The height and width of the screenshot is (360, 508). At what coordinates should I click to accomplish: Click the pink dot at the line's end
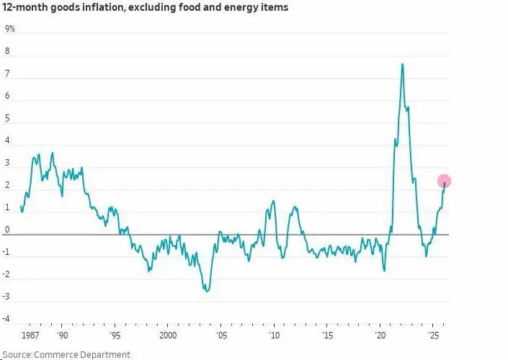[x=444, y=181]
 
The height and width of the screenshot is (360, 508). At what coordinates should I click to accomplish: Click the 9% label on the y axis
[x=10, y=30]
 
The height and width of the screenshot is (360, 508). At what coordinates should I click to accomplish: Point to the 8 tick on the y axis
[x=7, y=52]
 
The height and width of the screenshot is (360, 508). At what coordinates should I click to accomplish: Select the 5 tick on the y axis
[x=7, y=119]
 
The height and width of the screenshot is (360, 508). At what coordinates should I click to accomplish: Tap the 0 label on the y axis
[x=7, y=230]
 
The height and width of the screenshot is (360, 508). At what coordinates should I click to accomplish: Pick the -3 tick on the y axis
[x=9, y=297]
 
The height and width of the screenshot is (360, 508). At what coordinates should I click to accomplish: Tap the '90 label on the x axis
[x=63, y=336]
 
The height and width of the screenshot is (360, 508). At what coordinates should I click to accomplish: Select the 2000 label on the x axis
[x=167, y=336]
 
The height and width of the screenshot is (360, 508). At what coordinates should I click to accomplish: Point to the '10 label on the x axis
[x=274, y=336]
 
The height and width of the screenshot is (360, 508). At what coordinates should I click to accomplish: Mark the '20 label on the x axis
[x=380, y=336]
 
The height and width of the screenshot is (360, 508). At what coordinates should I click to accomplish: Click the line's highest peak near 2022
[x=402, y=64]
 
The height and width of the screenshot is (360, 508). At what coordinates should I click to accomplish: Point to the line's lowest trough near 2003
[x=207, y=291]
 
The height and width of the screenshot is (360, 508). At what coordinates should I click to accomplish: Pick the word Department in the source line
[x=107, y=354]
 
